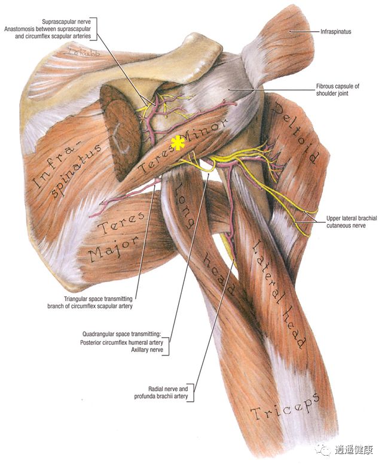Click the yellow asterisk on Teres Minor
(178, 144)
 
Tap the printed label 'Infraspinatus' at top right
(335, 32)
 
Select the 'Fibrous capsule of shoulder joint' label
(337, 90)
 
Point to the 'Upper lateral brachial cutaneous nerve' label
(352, 222)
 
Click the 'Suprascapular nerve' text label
(66, 22)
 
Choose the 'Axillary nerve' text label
(147, 350)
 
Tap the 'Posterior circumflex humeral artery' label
(121, 343)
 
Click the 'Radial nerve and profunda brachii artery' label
(161, 393)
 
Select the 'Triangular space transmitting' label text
(98, 299)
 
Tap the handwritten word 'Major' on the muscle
(114, 250)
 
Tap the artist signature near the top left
(83, 53)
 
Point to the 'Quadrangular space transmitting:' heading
(121, 334)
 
